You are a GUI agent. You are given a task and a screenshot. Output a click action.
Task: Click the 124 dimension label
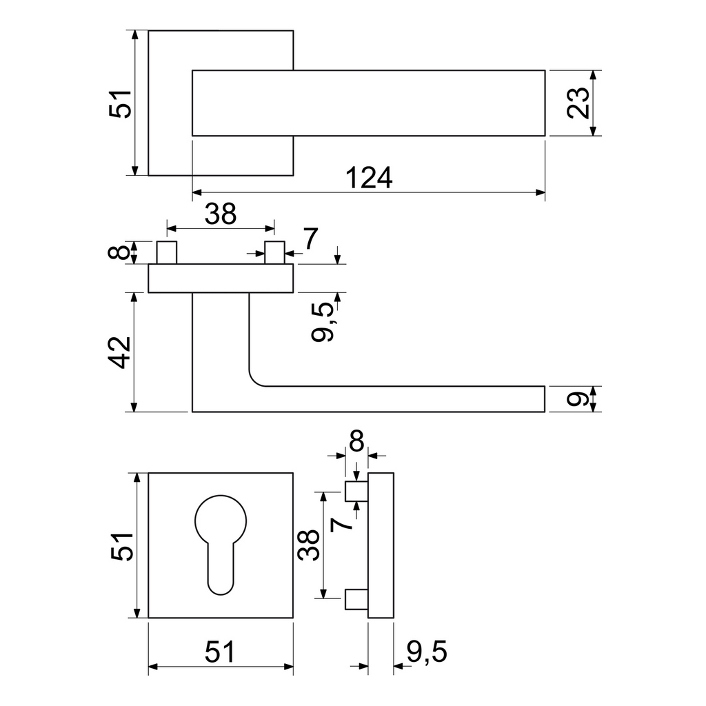coord(369,178)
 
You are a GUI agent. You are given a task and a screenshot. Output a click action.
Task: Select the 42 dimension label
coord(121,352)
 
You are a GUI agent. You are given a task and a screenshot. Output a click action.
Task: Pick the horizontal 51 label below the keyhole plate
coord(220,652)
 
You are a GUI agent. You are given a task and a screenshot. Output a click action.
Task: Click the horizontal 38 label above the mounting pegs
coord(220,214)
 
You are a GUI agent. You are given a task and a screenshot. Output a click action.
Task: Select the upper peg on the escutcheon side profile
coord(356,491)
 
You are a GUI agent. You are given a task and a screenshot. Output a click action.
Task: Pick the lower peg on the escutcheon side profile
coord(356,598)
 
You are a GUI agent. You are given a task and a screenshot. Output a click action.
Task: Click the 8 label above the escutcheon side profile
coord(356,441)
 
